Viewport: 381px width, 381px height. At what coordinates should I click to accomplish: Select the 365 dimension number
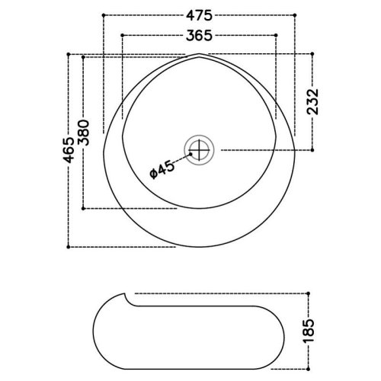[197, 34]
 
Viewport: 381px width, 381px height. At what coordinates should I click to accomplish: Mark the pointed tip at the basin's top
[197, 56]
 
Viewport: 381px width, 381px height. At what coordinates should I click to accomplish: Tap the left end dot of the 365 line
[123, 34]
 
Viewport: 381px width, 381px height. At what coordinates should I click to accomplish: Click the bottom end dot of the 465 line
[69, 247]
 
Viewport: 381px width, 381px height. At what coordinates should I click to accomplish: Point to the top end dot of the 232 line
[312, 53]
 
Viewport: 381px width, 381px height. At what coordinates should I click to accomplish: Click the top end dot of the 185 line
[312, 293]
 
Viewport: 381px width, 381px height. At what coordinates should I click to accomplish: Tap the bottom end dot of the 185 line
[312, 367]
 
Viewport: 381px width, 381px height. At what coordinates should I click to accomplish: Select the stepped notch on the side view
[128, 299]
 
